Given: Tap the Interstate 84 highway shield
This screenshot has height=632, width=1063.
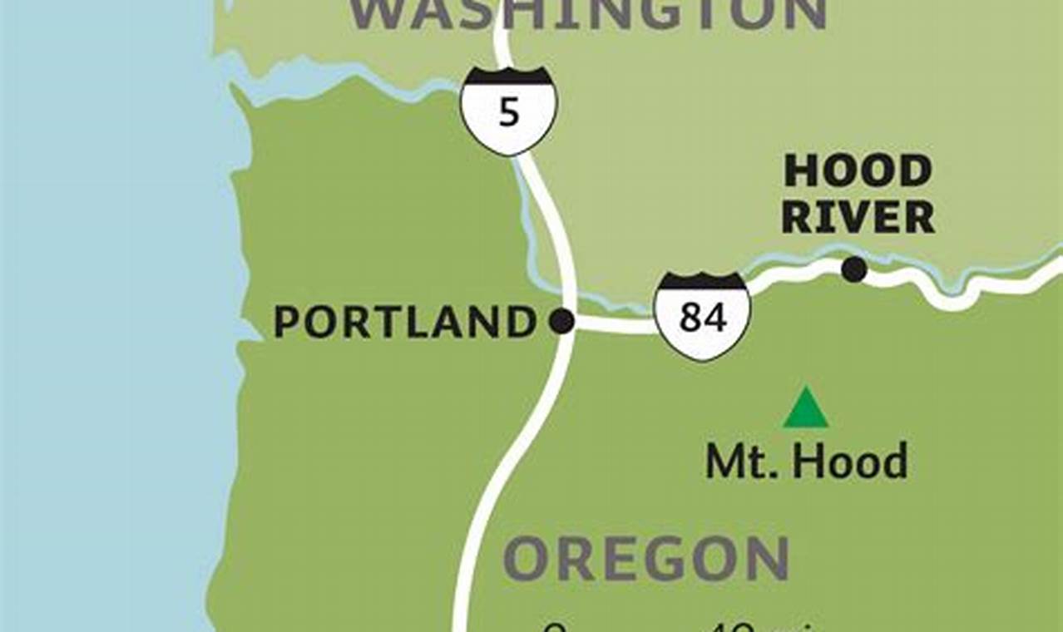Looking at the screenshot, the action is [703, 316].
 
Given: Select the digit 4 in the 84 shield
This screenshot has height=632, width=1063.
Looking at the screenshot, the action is [714, 317].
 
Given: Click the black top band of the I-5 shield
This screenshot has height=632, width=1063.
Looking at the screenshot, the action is [509, 77].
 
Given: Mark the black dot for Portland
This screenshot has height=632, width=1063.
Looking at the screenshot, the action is [562, 321].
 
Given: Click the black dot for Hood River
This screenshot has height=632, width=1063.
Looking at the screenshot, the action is [853, 269].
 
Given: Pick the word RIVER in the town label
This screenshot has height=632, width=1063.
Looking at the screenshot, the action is [858, 218].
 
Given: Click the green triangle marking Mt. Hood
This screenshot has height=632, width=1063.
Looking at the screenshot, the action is [805, 409].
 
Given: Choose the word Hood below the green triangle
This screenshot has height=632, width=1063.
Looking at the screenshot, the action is [848, 462].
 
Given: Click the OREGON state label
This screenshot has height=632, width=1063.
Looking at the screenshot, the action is [646, 559].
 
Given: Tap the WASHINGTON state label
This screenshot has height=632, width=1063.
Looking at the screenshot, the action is [587, 14].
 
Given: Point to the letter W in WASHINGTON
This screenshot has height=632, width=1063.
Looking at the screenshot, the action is [374, 14].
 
